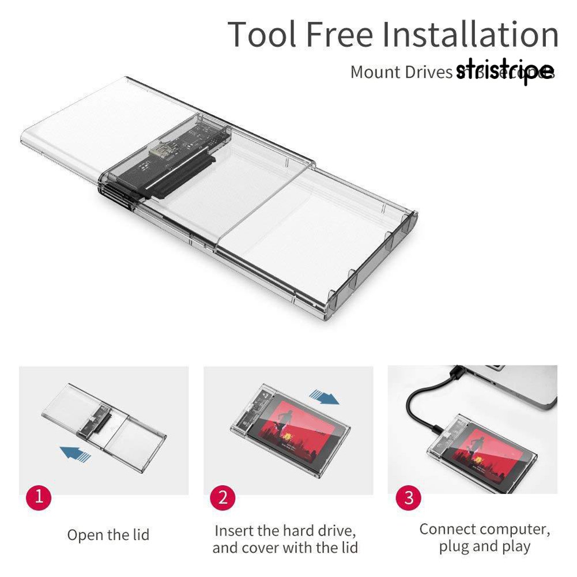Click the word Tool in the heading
(x=262, y=35)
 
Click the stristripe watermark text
(x=504, y=72)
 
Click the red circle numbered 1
(x=39, y=496)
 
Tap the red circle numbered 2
(x=222, y=496)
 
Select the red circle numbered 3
(x=408, y=496)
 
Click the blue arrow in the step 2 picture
(x=325, y=397)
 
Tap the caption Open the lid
(x=108, y=535)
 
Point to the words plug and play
(x=484, y=546)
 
